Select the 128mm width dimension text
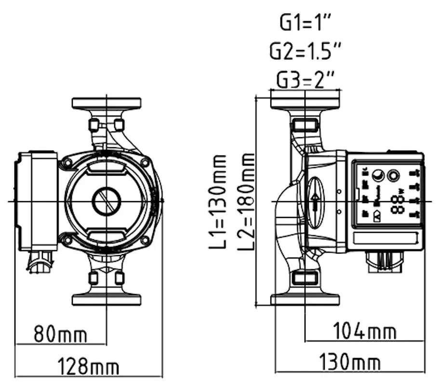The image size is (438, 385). (88, 367)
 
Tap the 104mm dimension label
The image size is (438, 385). (365, 332)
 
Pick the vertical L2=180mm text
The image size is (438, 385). (246, 201)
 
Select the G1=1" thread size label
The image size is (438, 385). (305, 22)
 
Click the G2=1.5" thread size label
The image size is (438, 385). (305, 51)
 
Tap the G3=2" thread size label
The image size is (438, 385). (305, 80)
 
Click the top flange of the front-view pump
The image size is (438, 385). (106, 103)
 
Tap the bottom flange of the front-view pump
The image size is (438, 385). (106, 299)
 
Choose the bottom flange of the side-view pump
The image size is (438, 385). (305, 300)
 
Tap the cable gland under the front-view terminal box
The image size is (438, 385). (40, 263)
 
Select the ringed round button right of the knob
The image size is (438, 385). (395, 176)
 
